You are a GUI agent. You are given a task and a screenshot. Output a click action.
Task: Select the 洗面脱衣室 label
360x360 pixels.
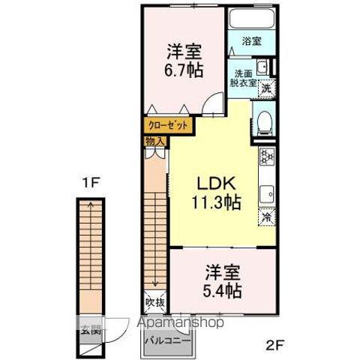[244, 78]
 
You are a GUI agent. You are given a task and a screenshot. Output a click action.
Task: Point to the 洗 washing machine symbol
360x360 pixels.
[265, 88]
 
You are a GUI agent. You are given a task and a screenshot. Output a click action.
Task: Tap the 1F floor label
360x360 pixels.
[91, 181]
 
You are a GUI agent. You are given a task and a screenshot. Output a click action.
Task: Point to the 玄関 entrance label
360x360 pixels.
[91, 327]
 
